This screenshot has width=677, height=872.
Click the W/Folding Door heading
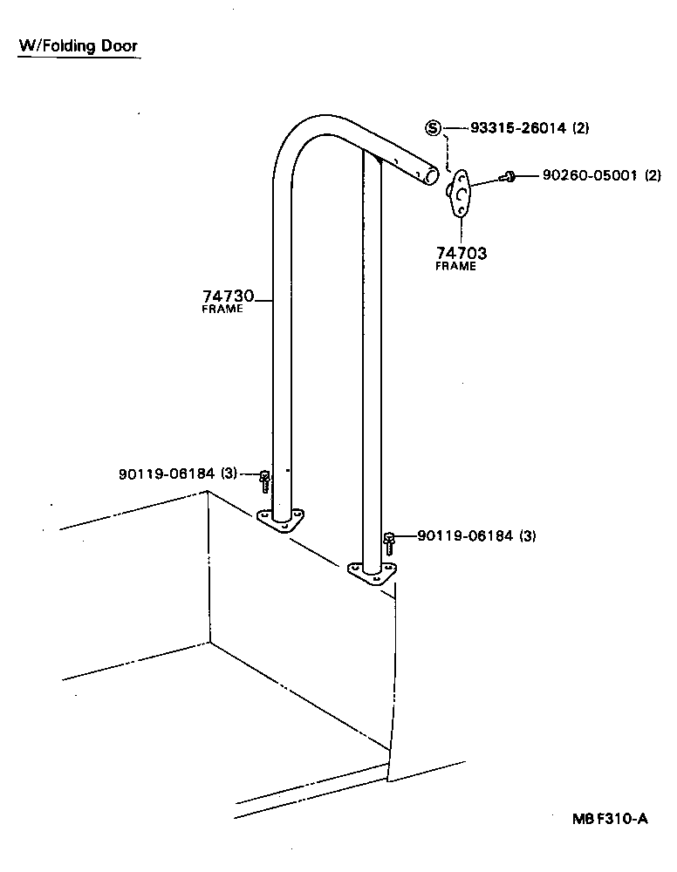pyautogui.click(x=79, y=45)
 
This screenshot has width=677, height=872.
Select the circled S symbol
pyautogui.click(x=434, y=128)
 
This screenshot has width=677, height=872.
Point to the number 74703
pyautogui.click(x=461, y=253)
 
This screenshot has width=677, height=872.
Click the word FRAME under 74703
pyautogui.click(x=455, y=266)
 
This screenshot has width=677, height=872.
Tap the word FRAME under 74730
pyautogui.click(x=222, y=309)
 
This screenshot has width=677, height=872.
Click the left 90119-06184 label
pyautogui.click(x=166, y=473)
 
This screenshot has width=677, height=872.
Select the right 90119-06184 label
pyautogui.click(x=465, y=535)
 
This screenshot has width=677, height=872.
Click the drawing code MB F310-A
pyautogui.click(x=610, y=819)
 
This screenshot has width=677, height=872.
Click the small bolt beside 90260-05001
pyautogui.click(x=508, y=177)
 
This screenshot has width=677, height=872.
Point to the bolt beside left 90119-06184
pyautogui.click(x=265, y=480)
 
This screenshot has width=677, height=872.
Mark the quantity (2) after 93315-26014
pyautogui.click(x=580, y=128)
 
